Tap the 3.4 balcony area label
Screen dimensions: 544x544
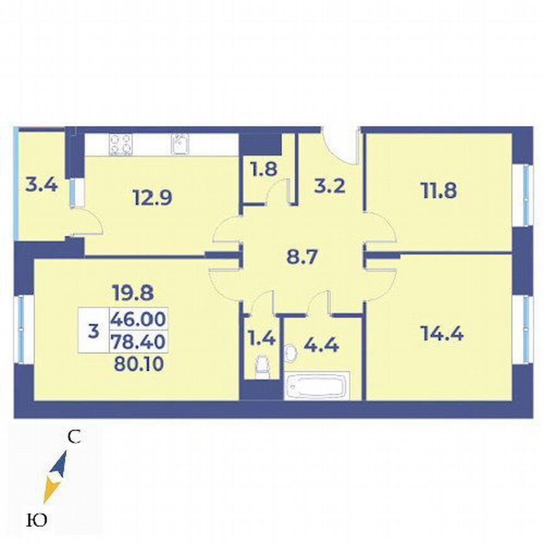pyautogui.click(x=42, y=185)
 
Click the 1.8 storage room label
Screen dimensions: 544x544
pyautogui.click(x=264, y=170)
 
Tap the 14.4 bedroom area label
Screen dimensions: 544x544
pyautogui.click(x=441, y=334)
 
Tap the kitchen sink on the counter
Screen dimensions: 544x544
pyautogui.click(x=179, y=144)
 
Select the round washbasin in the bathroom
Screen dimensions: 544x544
pyautogui.click(x=291, y=354)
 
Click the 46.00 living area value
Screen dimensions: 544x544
pyautogui.click(x=138, y=320)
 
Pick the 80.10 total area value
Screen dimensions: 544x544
pyautogui.click(x=138, y=363)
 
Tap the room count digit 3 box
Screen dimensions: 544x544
pyautogui.click(x=94, y=330)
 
